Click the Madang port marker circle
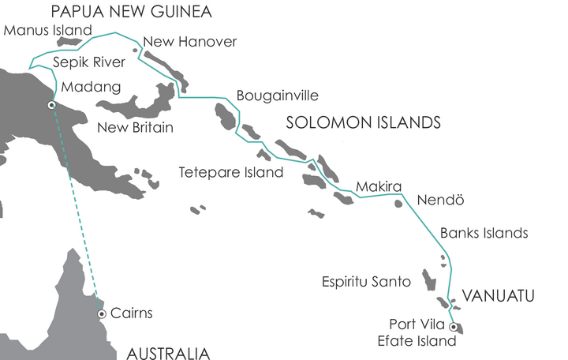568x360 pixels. [x=51, y=105]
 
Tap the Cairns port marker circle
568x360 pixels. [x=101, y=314]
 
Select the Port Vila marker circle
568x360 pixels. [x=453, y=327]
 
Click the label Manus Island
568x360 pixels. [x=48, y=30]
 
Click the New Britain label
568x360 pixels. [x=135, y=127]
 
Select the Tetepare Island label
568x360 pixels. [x=230, y=171]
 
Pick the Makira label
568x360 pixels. [x=374, y=187]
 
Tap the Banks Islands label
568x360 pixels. [x=484, y=233]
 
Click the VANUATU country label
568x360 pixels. [x=498, y=297]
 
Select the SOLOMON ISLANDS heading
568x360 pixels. [x=363, y=122]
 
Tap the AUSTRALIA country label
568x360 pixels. [x=168, y=352]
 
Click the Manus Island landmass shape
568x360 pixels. [x=69, y=41]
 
